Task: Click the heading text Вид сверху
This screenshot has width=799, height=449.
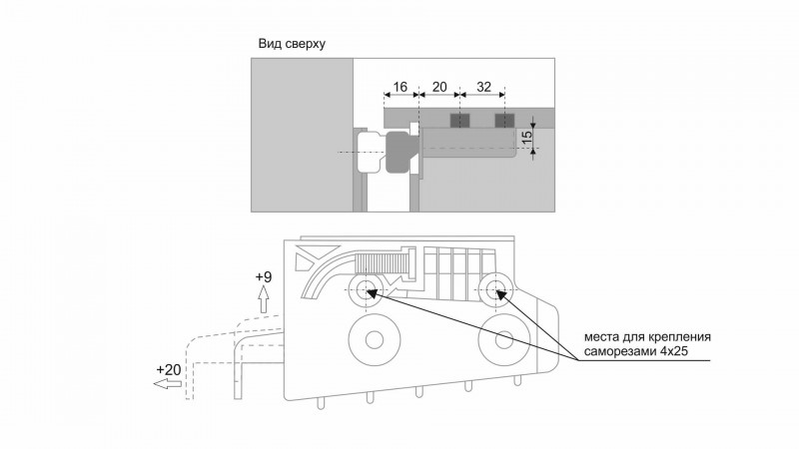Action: tap(292, 44)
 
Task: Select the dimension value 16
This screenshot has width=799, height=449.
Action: tap(400, 87)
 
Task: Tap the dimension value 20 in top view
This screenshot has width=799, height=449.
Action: tap(438, 87)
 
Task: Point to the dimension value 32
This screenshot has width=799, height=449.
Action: tap(483, 87)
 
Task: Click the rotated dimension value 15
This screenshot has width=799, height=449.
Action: tap(527, 136)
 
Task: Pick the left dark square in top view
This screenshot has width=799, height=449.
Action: tap(459, 121)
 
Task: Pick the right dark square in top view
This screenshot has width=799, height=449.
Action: tap(504, 121)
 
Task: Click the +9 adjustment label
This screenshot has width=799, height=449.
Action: tap(264, 277)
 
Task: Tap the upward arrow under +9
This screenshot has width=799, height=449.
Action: tap(264, 299)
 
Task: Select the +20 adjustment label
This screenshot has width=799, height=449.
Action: tap(169, 369)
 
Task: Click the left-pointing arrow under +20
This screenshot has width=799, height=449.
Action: tap(168, 384)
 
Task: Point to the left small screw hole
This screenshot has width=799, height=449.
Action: tap(365, 292)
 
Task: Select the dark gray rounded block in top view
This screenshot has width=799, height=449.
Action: tap(401, 152)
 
